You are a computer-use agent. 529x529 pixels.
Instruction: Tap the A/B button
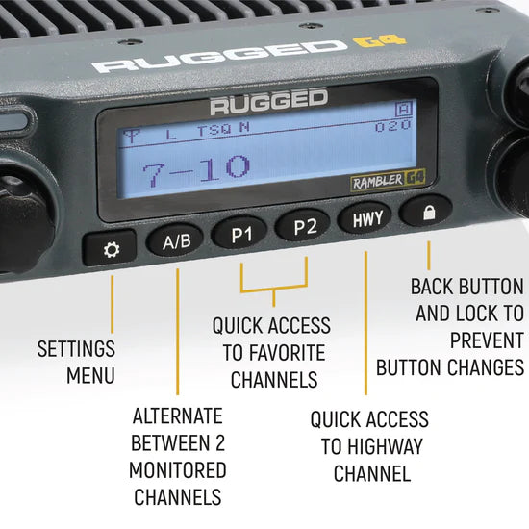pos(176,240)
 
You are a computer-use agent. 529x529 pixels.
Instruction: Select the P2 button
pos(304,228)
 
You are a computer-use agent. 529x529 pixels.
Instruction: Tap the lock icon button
pos(428,213)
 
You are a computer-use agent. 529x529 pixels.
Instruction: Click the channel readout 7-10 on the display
pos(196,169)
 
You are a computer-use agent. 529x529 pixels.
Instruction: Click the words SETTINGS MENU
pos(76,361)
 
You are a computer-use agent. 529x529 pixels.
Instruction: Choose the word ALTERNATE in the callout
pos(178,416)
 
